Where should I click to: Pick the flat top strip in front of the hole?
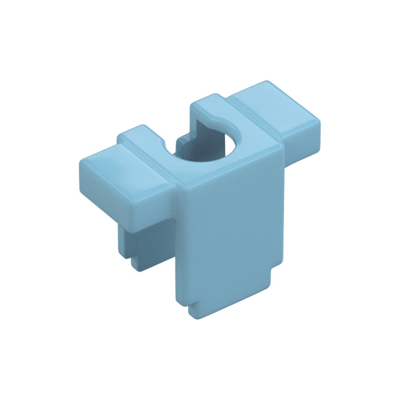[229, 169]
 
